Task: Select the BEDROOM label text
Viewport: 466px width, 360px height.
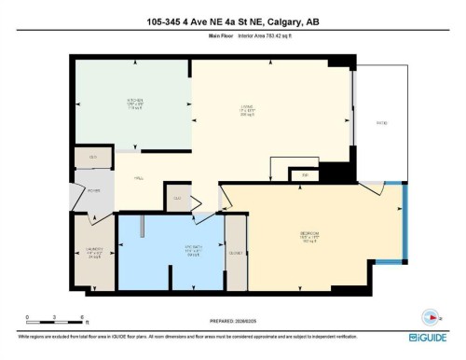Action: click(309, 234)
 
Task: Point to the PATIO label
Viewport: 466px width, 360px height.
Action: click(380, 122)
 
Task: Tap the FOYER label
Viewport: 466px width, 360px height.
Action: click(92, 191)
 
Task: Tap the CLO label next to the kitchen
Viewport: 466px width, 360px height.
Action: click(93, 159)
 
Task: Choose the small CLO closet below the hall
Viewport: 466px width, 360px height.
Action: click(177, 198)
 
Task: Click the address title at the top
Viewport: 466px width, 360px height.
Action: click(232, 22)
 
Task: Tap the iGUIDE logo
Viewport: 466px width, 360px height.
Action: click(428, 338)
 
